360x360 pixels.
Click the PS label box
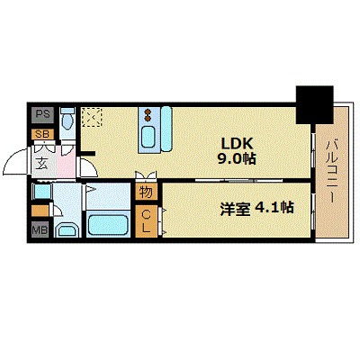pos(42,114)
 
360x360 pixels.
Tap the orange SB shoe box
pos(42,134)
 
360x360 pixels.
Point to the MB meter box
pos(40,229)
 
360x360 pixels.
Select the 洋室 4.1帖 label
pos(257,208)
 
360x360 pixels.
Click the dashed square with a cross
pos(92,117)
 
